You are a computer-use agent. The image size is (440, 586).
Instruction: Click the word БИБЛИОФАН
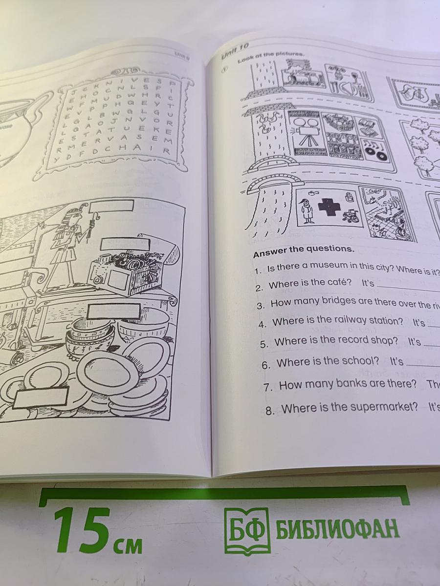[337, 529]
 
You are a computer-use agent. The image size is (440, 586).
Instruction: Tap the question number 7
[267, 387]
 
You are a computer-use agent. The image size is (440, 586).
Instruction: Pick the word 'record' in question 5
[358, 340]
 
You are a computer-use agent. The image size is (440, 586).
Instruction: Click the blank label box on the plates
[40, 397]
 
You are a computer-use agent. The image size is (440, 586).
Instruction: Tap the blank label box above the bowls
[114, 311]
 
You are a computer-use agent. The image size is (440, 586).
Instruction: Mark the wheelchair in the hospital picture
[350, 215]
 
